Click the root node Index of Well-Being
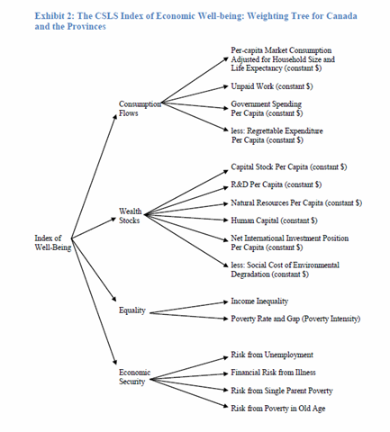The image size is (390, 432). [x=53, y=243]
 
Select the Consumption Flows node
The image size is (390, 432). [x=140, y=108]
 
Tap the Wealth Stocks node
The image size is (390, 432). [x=130, y=216]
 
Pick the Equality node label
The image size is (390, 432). [x=132, y=310]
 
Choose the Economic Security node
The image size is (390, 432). [x=134, y=377]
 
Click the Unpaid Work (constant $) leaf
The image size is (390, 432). [x=272, y=86]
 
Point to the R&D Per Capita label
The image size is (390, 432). [x=277, y=184]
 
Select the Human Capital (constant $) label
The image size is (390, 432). [x=274, y=220]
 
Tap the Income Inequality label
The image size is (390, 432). [x=259, y=301]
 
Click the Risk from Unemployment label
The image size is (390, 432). [x=272, y=355]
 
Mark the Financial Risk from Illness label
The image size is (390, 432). [x=273, y=373]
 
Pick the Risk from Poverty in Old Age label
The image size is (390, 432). [x=278, y=409]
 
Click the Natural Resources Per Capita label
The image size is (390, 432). [x=296, y=202]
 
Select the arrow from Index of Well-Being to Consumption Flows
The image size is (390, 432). [x=94, y=176]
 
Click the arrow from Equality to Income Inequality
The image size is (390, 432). [x=189, y=308]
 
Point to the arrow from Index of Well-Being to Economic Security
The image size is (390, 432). [x=94, y=301]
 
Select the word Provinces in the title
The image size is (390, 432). [x=86, y=26]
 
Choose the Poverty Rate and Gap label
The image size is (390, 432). [x=295, y=319]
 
